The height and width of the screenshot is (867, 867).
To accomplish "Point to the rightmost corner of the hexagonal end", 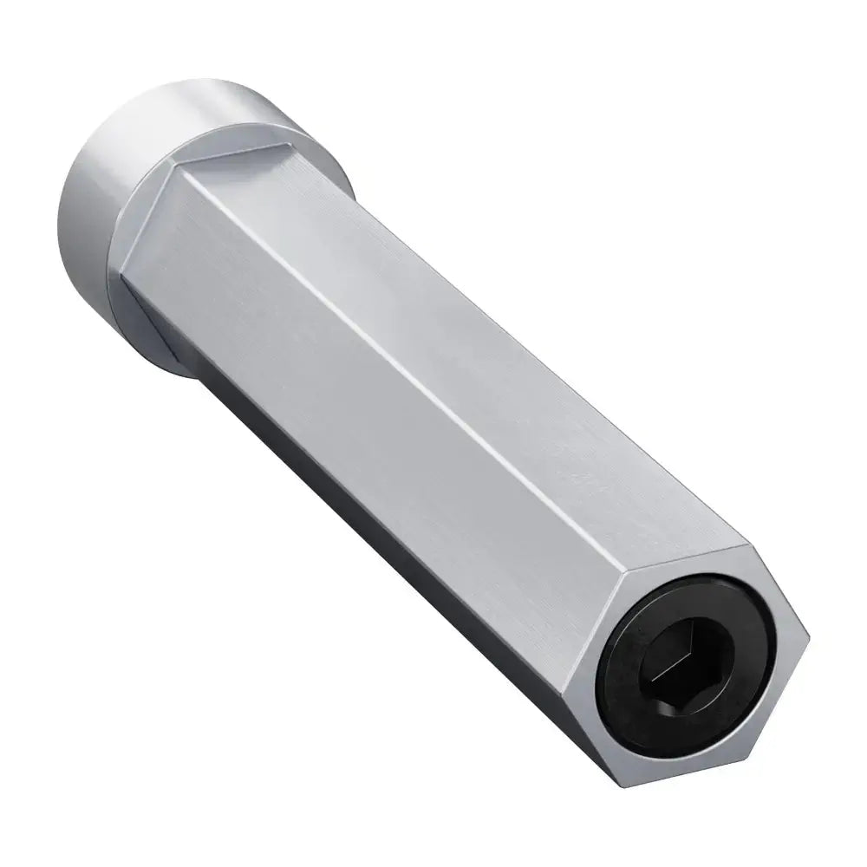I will tap(813, 642).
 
